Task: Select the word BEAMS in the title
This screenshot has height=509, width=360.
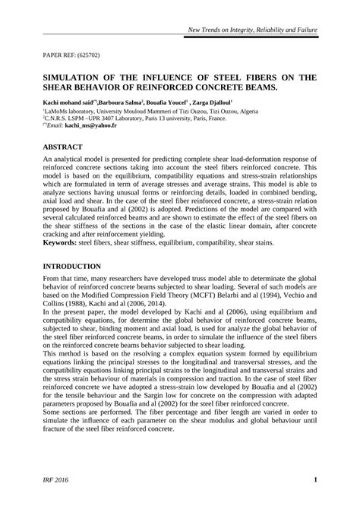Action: (253, 87)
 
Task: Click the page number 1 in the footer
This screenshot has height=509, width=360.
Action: (314, 481)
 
